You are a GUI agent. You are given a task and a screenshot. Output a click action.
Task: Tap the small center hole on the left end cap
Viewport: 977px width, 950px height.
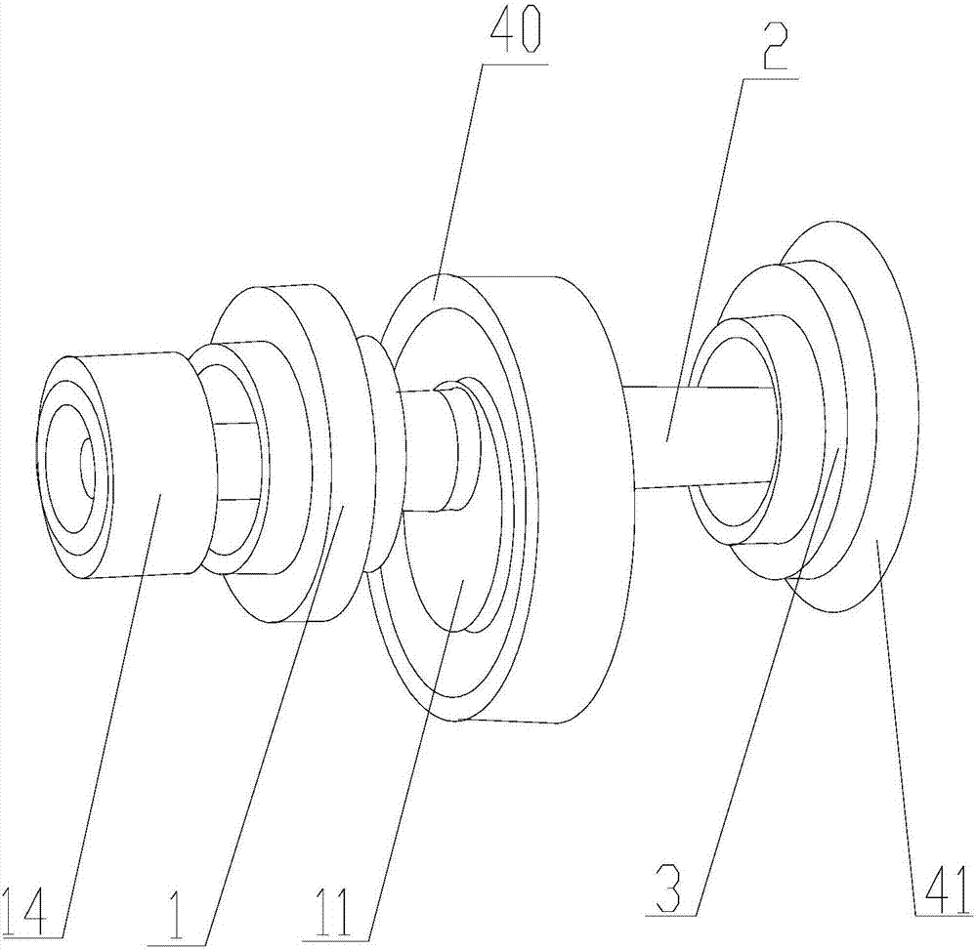[x=86, y=466]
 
